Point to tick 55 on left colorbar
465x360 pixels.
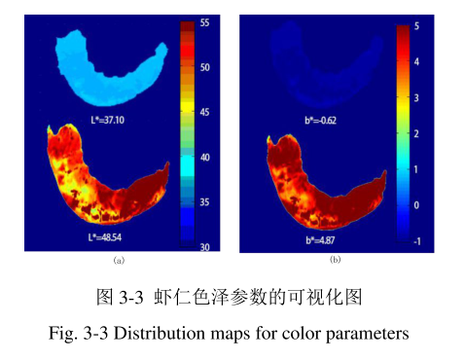[205, 21]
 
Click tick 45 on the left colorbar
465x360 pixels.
[205, 112]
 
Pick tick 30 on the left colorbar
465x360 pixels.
[205, 247]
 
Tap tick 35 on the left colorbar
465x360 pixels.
[205, 202]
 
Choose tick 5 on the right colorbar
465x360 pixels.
[417, 27]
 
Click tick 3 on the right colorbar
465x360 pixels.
[417, 98]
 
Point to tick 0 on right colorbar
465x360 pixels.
[417, 206]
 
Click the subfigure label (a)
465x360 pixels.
[119, 261]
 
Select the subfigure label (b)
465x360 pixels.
[335, 260]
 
